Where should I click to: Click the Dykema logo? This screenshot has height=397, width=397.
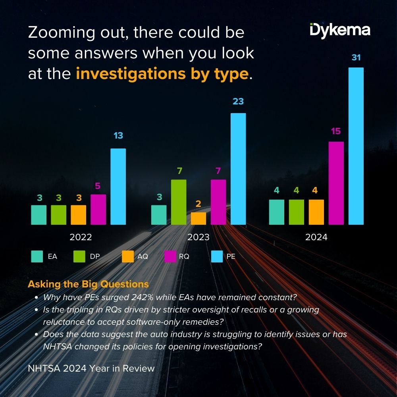point(340,31)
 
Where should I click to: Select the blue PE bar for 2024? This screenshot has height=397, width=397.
point(356,146)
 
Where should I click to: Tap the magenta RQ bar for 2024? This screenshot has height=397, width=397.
point(336,183)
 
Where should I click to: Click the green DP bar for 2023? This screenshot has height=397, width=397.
point(179,202)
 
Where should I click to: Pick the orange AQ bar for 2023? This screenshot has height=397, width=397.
point(198,218)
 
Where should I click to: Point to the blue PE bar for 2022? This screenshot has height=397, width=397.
point(118,187)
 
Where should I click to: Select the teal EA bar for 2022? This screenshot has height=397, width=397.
point(39,215)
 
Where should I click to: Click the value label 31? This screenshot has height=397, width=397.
point(356,58)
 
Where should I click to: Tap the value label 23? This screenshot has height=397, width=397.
point(238,102)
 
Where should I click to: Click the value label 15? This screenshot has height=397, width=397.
point(336,131)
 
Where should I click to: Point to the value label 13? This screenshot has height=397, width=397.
point(118,136)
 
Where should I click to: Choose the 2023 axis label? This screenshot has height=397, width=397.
point(198,237)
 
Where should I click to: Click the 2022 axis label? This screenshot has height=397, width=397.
point(81,237)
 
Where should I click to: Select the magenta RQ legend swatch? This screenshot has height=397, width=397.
point(170,256)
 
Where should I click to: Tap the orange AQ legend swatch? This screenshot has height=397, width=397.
point(128,256)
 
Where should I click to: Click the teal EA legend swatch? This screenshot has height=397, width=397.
point(37,256)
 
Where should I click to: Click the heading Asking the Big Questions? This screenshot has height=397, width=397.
point(88,284)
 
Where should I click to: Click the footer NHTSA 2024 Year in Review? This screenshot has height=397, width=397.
point(91,368)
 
